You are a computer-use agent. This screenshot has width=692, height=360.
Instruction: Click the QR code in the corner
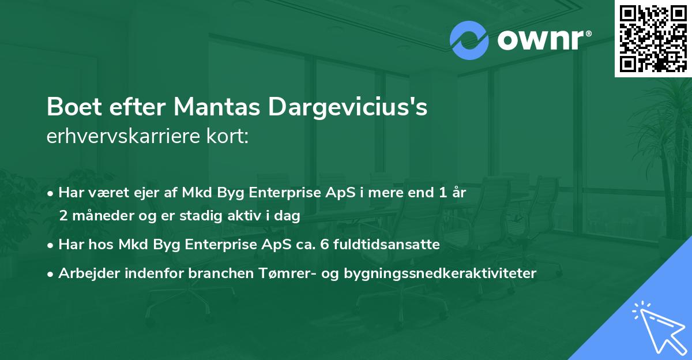coord(653,39)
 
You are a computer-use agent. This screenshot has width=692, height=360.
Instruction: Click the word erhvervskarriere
coord(121,137)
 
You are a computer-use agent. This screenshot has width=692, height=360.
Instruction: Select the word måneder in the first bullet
coord(104,216)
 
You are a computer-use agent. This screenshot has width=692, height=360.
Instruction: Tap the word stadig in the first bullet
coord(204,216)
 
